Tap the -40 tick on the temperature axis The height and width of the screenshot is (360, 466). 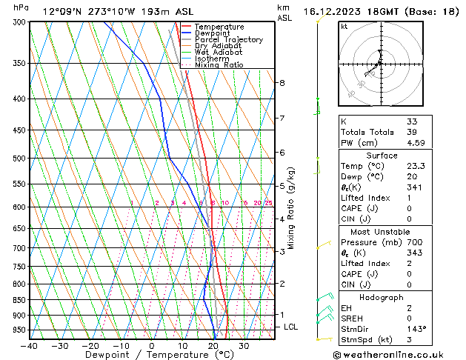pyautogui.click(x=30, y=346)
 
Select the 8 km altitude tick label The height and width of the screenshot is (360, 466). pyautogui.click(x=282, y=83)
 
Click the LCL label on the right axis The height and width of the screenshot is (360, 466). pyautogui.click(x=291, y=327)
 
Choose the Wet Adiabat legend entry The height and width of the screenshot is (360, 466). pyautogui.click(x=219, y=52)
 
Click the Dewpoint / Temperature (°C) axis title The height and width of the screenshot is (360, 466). pyautogui.click(x=151, y=356)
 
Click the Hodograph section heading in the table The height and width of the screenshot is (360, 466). pyautogui.click(x=382, y=297)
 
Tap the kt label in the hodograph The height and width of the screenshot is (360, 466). pyautogui.click(x=344, y=26)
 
